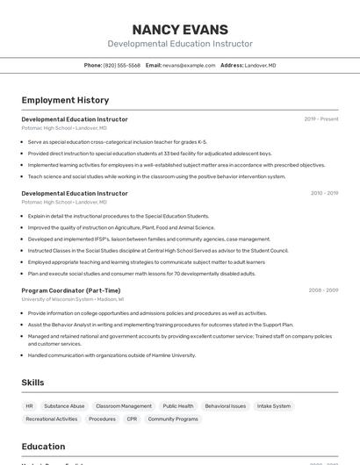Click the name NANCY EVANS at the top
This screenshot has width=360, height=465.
point(180,29)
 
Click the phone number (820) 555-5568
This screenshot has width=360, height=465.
point(121,65)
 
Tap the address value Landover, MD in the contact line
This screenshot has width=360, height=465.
point(260,65)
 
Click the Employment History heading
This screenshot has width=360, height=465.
point(65,100)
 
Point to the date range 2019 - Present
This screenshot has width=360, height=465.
point(320,119)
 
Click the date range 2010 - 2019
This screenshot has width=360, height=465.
point(324,193)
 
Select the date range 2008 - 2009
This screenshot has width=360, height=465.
point(323,290)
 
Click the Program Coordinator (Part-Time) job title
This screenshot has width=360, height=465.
point(71,290)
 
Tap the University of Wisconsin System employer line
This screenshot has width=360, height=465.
point(73,299)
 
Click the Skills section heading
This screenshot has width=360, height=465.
point(33,383)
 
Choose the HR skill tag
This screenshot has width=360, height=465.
point(29,406)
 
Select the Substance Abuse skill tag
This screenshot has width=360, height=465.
point(64,406)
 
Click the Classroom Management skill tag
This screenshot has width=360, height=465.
point(124,406)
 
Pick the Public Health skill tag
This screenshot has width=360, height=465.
point(178,406)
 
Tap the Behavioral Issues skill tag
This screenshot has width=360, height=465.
point(226,406)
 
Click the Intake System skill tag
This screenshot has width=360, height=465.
point(274,406)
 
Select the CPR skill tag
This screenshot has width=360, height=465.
point(132,419)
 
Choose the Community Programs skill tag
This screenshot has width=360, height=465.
point(173,419)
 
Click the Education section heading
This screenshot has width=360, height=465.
point(44,447)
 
